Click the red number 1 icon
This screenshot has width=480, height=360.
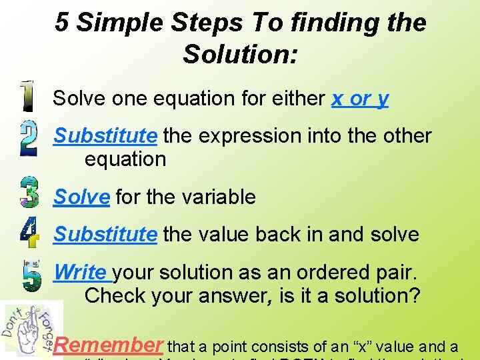(27, 97)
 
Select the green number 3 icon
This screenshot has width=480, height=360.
(29, 193)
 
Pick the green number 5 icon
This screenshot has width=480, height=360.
(31, 275)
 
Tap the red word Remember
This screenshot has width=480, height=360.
(108, 345)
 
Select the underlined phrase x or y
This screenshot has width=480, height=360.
(360, 99)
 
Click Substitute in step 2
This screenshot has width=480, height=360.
(105, 136)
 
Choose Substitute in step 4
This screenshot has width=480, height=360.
(105, 235)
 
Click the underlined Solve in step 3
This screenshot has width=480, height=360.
(81, 197)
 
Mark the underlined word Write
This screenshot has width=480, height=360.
(81, 273)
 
